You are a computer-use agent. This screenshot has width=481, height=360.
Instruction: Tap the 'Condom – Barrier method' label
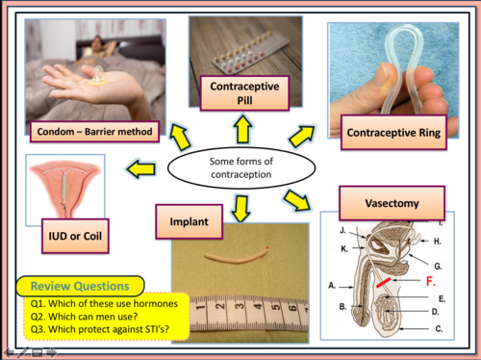(x=95, y=131)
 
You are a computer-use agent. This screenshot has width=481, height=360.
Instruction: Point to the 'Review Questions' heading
(x=80, y=286)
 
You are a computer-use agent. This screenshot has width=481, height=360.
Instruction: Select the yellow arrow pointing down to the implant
(x=240, y=204)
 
